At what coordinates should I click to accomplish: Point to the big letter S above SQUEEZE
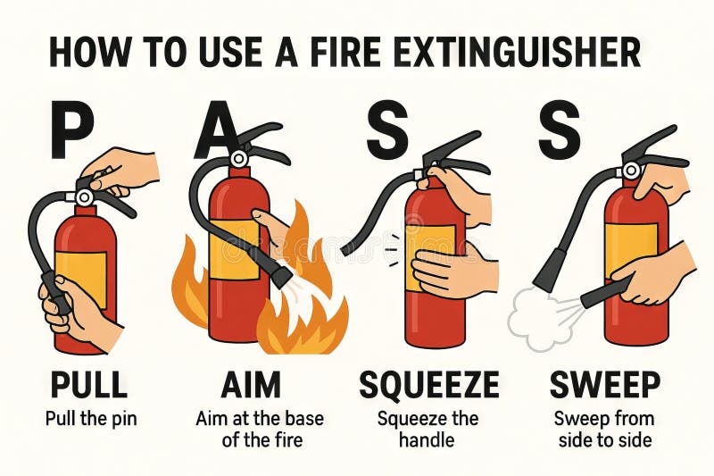(x=386, y=131)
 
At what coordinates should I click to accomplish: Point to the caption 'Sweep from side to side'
(x=604, y=429)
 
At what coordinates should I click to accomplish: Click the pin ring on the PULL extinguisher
(x=84, y=196)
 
